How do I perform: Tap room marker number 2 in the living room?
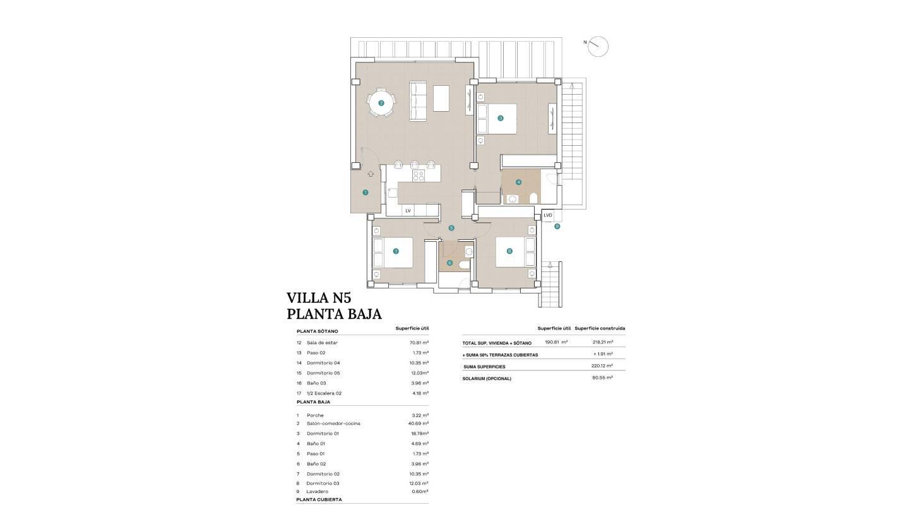[x=381, y=103]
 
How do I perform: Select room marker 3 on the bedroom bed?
[x=501, y=118]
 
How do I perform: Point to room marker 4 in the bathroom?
[x=519, y=182]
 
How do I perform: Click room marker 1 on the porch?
[x=365, y=192]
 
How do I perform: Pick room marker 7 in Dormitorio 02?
[x=396, y=251]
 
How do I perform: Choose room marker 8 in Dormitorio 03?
[x=509, y=251]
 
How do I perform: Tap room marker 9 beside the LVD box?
[x=557, y=226]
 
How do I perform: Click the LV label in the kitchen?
[x=408, y=210]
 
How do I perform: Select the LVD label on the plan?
[x=547, y=215]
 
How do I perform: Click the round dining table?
[x=381, y=103]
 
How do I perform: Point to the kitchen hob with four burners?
[x=417, y=176]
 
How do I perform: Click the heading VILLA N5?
[x=318, y=298]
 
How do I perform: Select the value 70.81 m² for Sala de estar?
[x=419, y=343]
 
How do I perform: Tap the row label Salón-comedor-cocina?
[x=333, y=424]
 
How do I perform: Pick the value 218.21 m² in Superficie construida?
[x=603, y=342]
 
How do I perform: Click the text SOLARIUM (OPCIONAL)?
[x=487, y=379]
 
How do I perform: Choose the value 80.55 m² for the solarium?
[x=603, y=377]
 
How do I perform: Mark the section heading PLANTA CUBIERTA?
[x=319, y=499]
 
